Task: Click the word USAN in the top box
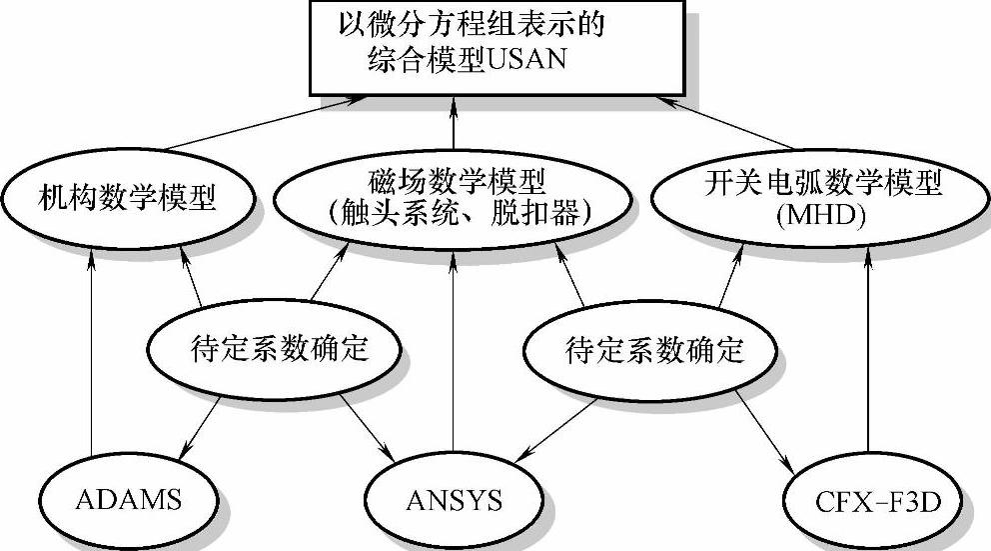[524, 60]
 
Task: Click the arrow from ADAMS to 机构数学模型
[91, 350]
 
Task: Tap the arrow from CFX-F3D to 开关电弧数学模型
[867, 350]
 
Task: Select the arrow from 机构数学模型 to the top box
[260, 126]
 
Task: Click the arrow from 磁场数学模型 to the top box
[454, 125]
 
